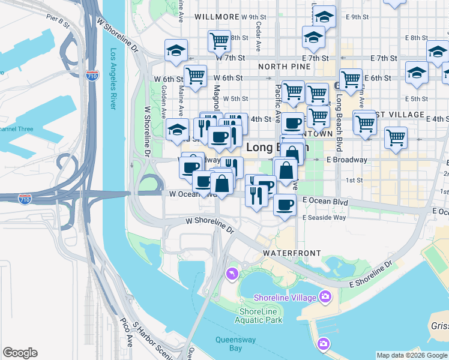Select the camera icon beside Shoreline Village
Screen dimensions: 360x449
(x=325, y=296)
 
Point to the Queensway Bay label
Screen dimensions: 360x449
(x=229, y=343)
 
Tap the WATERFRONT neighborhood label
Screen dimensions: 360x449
(x=291, y=253)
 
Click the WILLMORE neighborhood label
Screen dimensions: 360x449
(x=213, y=17)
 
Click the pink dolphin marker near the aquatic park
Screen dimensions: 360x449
(x=231, y=274)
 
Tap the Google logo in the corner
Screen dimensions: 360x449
(x=20, y=353)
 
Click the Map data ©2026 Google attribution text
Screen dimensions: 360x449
(x=412, y=355)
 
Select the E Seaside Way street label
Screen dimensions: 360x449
(x=324, y=217)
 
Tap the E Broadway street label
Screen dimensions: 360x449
(x=346, y=160)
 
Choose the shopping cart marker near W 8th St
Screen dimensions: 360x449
(x=219, y=41)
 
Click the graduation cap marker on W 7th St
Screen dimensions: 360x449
(x=176, y=50)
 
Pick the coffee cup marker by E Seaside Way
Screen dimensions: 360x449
(x=285, y=204)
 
